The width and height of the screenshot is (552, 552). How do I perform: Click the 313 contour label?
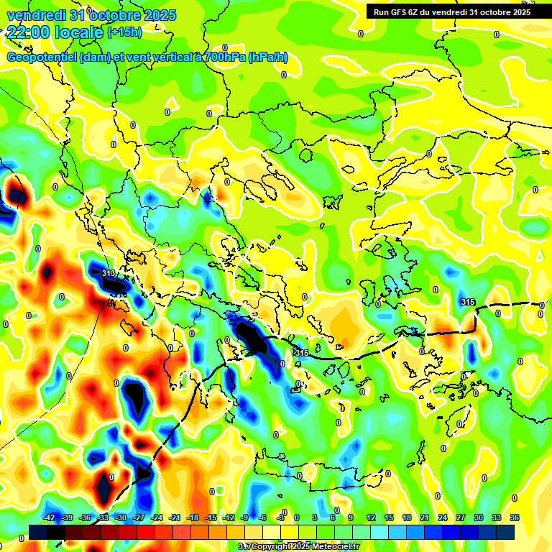(x=109, y=274)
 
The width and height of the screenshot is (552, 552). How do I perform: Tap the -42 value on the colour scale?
(x=50, y=517)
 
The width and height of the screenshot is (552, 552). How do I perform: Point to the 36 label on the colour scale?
(x=515, y=517)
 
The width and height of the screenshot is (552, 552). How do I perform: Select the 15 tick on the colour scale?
(x=389, y=517)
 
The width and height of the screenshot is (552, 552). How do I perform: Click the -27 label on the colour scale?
(x=139, y=517)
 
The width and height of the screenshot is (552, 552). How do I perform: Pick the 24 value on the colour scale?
(x=443, y=517)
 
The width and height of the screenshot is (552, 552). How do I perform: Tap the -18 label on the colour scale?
(x=193, y=517)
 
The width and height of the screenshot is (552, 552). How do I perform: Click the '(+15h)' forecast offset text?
(x=124, y=32)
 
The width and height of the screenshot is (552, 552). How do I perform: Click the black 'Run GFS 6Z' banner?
(x=448, y=11)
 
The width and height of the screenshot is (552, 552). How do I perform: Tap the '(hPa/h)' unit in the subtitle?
(x=268, y=57)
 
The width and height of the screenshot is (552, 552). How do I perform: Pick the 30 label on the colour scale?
(x=479, y=517)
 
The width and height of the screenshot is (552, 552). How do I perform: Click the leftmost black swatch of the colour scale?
(x=39, y=533)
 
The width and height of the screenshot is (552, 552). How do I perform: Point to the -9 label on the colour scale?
(x=246, y=517)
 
